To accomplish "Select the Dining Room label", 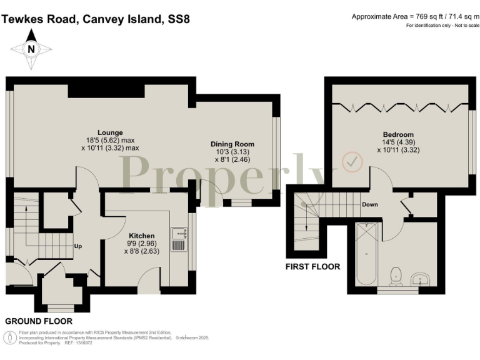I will pos(232,144).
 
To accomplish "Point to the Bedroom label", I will pos(398,134).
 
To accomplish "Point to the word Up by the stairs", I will pos(79,246).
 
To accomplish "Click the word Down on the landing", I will pos(369,204).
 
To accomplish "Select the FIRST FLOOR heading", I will pos(312,267).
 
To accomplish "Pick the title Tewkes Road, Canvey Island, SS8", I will pos(95,19).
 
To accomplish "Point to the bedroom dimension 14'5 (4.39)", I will pos(398,142).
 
